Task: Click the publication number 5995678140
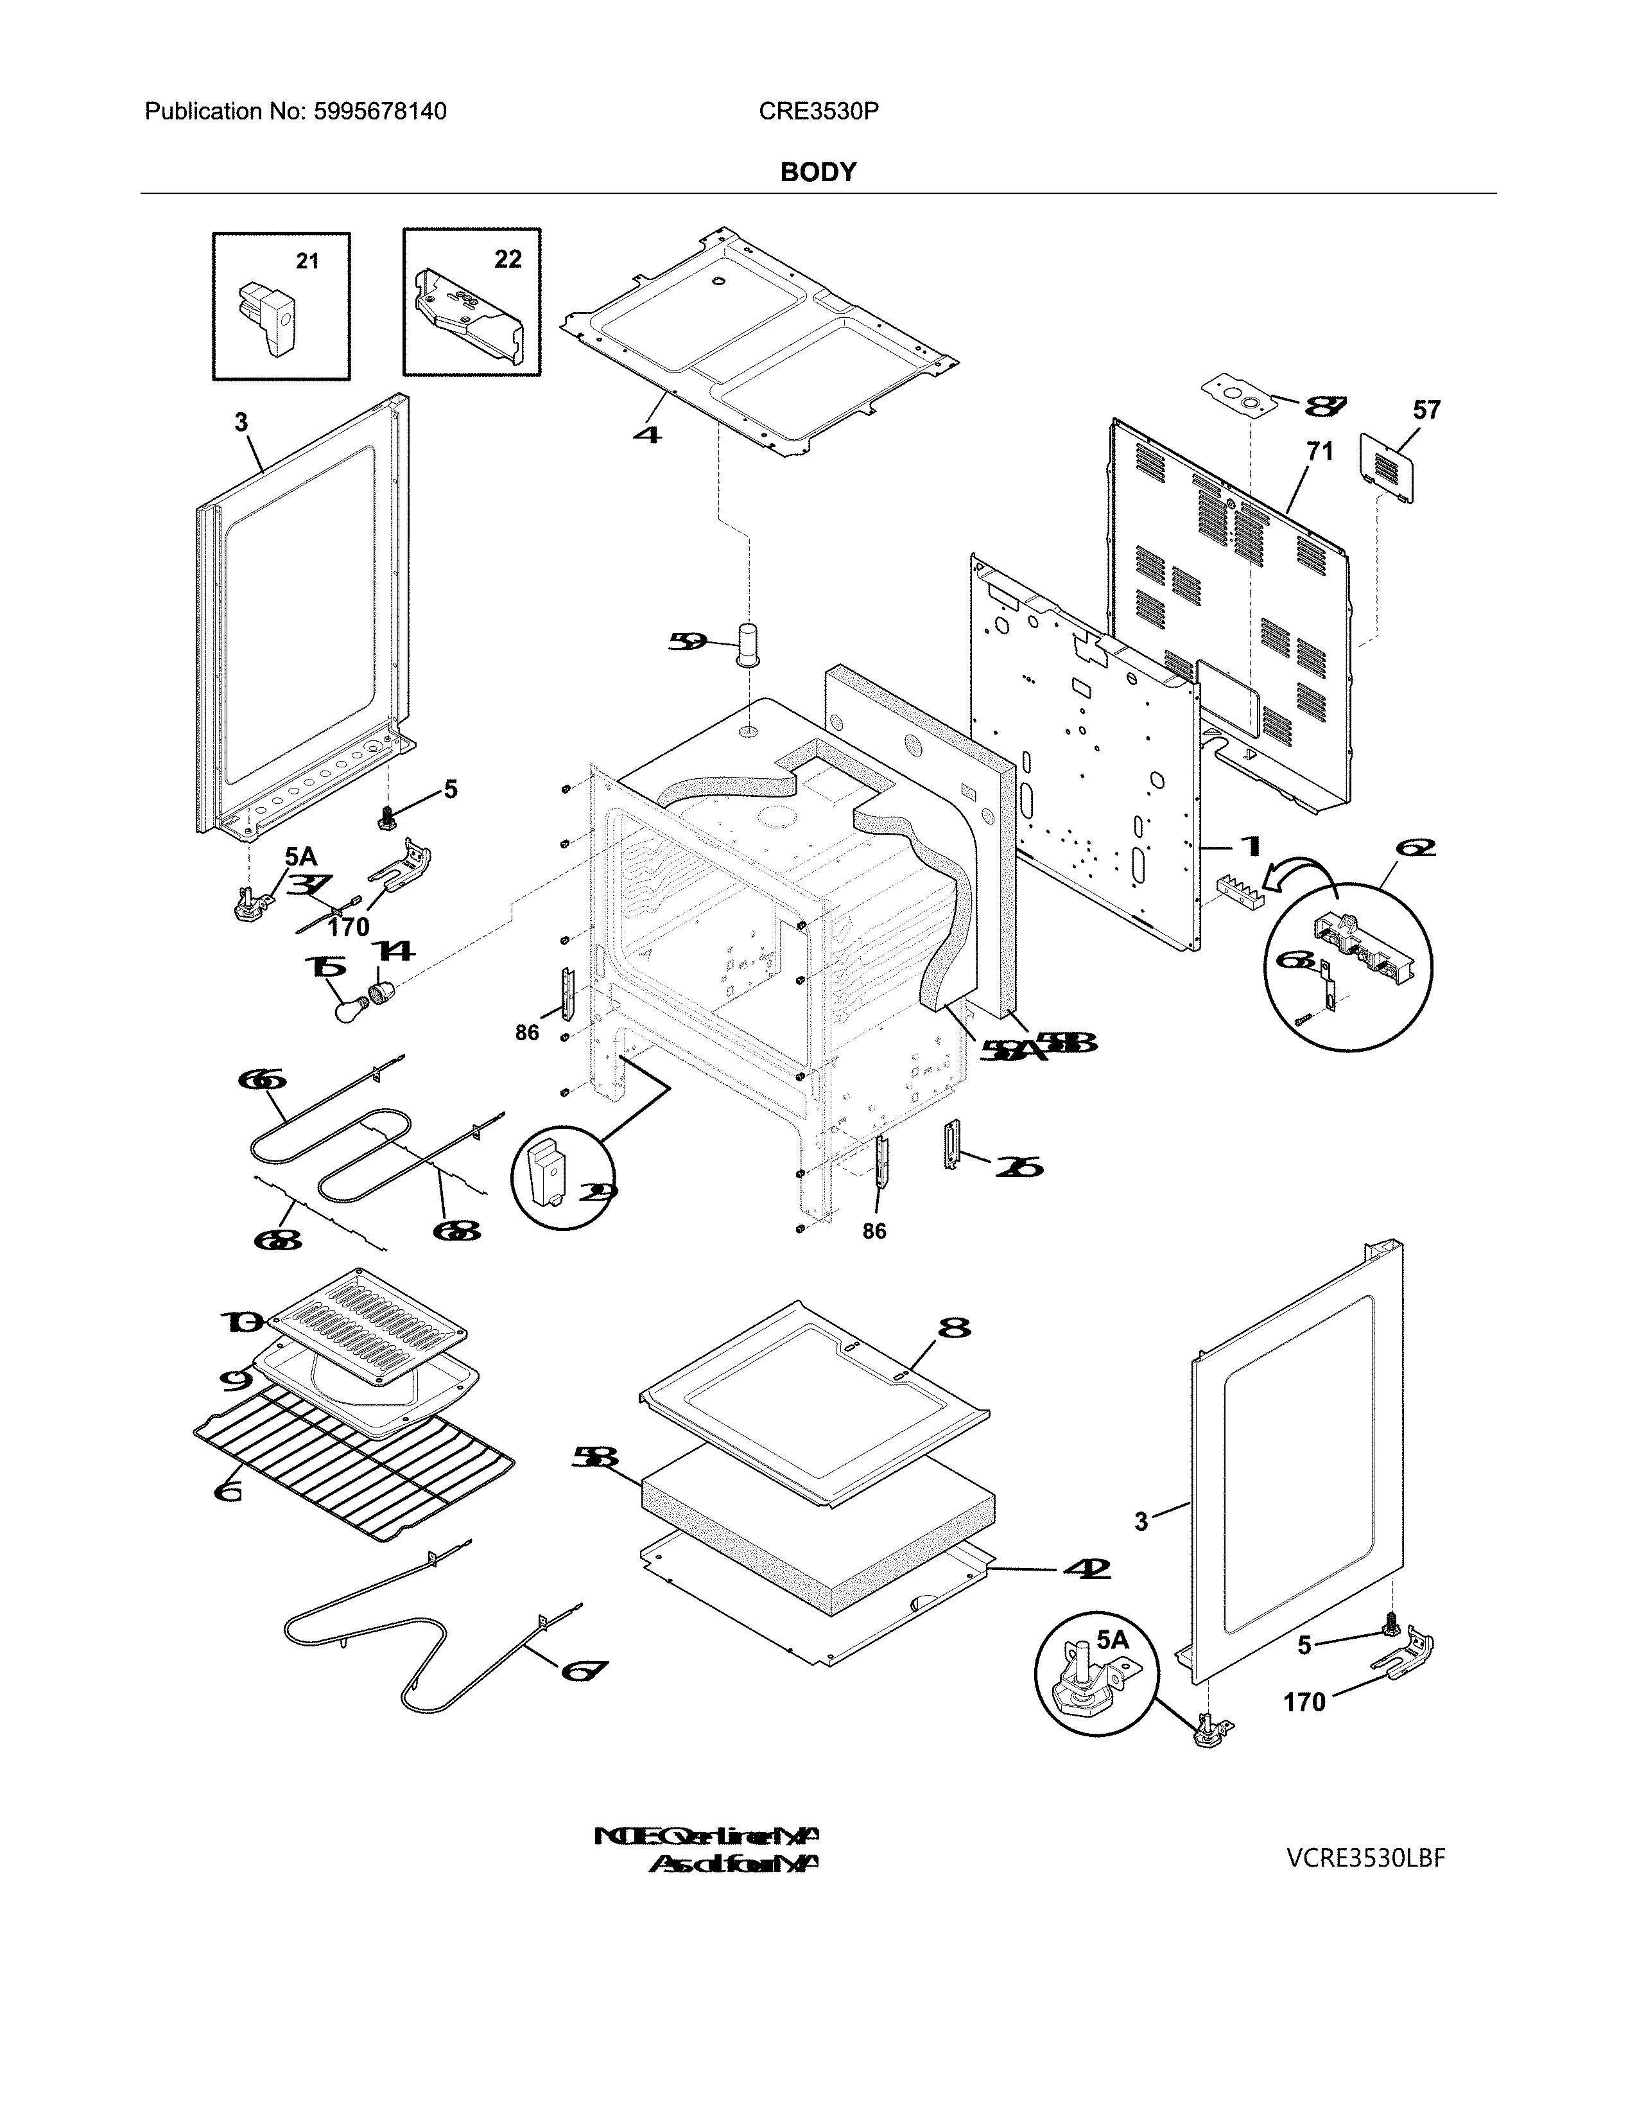point(379,112)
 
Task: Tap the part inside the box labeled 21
point(266,318)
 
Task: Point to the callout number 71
point(1319,451)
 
